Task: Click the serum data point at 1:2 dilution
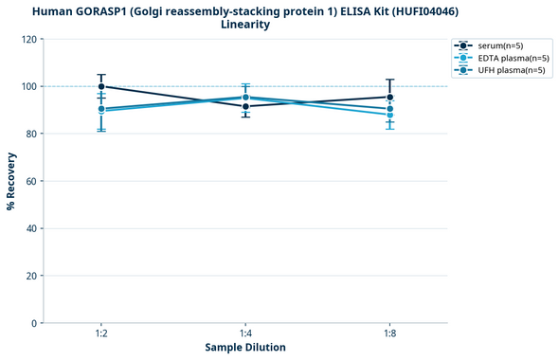[x=101, y=86]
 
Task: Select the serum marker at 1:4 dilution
[x=245, y=106]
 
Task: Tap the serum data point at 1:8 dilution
[x=390, y=97]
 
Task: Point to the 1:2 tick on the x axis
[x=101, y=334]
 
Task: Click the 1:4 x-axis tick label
[x=245, y=334]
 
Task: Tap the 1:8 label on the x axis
[x=390, y=334]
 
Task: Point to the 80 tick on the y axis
[x=31, y=135]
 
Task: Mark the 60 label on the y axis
[x=31, y=181]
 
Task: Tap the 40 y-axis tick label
[x=31, y=228]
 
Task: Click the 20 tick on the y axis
[x=31, y=276]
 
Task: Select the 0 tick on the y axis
[x=34, y=323]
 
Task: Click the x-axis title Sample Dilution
[x=245, y=348]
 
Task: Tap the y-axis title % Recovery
[x=10, y=181]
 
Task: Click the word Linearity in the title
[x=245, y=25]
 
